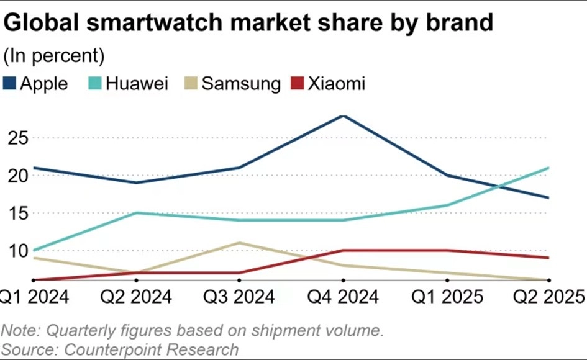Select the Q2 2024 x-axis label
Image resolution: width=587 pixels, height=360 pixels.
click(x=135, y=296)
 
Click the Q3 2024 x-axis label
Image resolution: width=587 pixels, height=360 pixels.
click(x=239, y=296)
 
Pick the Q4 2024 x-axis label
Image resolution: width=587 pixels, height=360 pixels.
click(x=343, y=296)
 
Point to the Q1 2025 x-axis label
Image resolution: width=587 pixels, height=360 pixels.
click(x=447, y=296)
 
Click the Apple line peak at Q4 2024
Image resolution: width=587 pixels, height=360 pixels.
click(x=343, y=115)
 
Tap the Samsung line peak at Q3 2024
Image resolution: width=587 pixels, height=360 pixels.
click(x=239, y=243)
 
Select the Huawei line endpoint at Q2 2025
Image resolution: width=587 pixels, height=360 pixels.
click(x=548, y=168)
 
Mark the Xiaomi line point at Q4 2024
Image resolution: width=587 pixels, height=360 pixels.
click(x=343, y=251)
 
